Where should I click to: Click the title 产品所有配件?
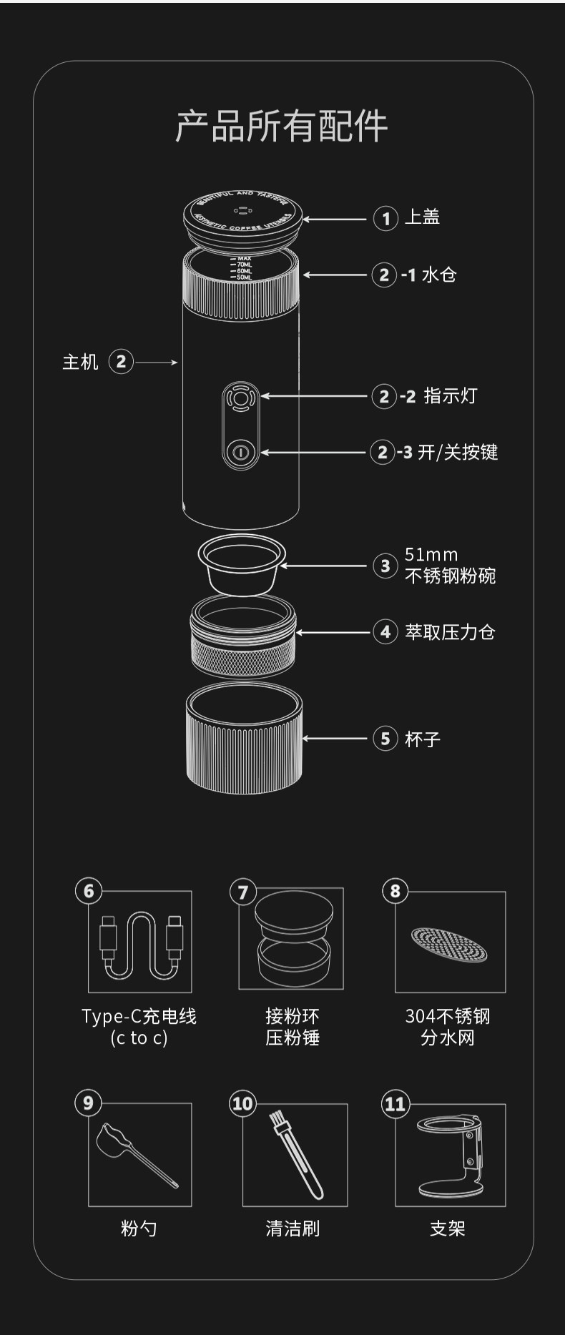click(x=282, y=127)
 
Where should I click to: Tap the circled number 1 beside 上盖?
click(x=385, y=218)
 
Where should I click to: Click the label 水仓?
click(x=438, y=275)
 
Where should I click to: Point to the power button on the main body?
click(x=241, y=452)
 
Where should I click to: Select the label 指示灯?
click(x=450, y=395)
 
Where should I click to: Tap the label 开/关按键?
click(x=458, y=452)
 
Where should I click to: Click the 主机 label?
click(x=80, y=362)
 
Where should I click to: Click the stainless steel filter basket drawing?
click(x=242, y=564)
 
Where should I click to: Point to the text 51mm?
click(x=431, y=554)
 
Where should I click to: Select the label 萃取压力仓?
click(x=450, y=632)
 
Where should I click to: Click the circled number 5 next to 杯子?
click(x=385, y=738)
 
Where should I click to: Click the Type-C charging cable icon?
click(x=141, y=944)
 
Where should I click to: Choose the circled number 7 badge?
click(x=242, y=892)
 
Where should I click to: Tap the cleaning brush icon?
click(x=296, y=1153)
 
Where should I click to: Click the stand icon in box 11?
click(x=451, y=1156)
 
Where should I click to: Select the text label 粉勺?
click(x=139, y=1228)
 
